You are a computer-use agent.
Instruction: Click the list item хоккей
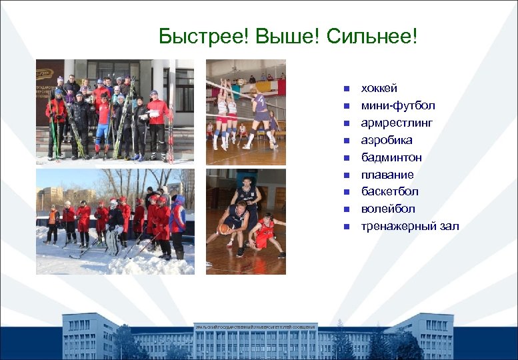(379, 88)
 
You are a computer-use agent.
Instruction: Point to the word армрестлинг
(397, 123)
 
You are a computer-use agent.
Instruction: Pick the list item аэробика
(386, 140)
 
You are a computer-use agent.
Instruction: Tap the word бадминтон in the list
(391, 157)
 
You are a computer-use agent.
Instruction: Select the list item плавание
(387, 175)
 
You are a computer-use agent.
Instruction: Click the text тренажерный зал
(409, 227)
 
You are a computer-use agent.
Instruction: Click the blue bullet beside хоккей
(346, 89)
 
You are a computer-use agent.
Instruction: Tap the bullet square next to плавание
(346, 175)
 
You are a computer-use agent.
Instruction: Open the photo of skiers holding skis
(115, 112)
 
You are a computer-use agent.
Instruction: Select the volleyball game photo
(245, 112)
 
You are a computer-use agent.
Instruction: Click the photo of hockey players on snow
(115, 221)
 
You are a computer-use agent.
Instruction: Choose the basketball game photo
(245, 221)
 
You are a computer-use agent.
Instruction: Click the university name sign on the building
(255, 327)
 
